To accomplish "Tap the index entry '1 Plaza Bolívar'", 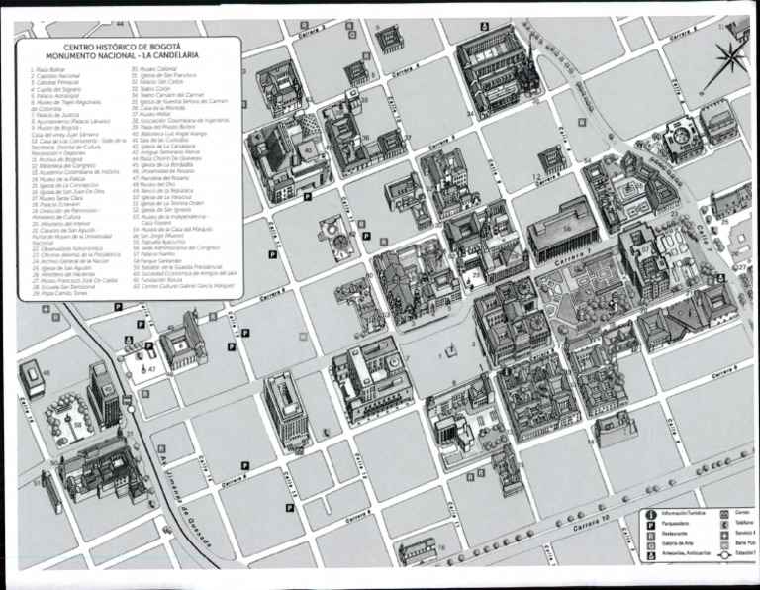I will pos(49,70).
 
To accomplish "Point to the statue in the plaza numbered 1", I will pos(451,349).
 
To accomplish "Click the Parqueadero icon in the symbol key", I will pos(649,525).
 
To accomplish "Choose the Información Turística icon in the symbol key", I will pos(649,513).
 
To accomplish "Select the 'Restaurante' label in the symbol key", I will pos(678,536).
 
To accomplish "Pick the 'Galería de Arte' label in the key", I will pos(680,546).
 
